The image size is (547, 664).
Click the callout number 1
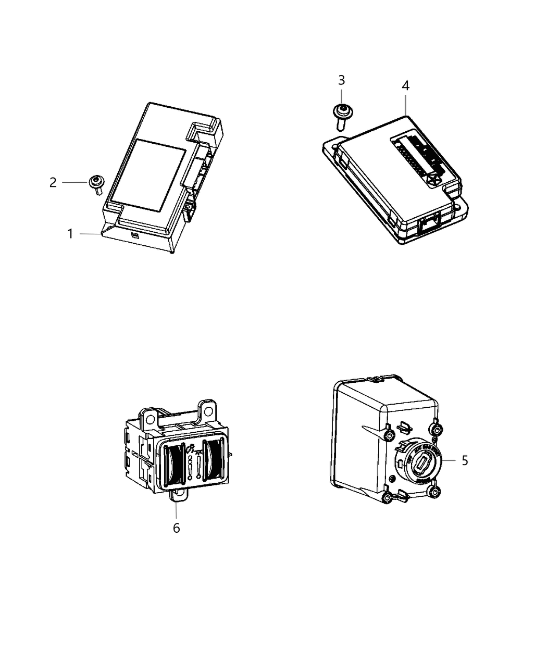pos(70,234)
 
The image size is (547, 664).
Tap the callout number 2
pos(53,183)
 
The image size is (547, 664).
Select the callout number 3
pos(341,80)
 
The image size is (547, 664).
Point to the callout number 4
pos(405,86)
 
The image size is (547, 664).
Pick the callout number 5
pos(465,460)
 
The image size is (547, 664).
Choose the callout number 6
pos(176,528)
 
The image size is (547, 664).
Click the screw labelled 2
pos(96,183)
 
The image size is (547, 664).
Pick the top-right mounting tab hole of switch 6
pos(208,411)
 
